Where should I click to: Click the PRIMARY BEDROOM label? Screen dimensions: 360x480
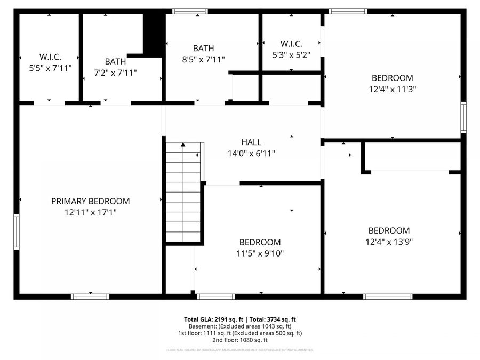pos(90,201)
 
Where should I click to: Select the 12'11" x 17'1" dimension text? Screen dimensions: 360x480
pos(90,212)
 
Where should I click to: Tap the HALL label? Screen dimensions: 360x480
pos(251,142)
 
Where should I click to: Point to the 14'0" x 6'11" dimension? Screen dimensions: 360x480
pos(251,153)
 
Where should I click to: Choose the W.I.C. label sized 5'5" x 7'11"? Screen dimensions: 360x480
pos(50,57)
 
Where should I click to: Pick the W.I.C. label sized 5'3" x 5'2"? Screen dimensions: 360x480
pos(291,43)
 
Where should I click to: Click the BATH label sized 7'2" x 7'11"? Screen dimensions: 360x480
pos(115,61)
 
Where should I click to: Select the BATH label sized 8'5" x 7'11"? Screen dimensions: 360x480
pos(203,48)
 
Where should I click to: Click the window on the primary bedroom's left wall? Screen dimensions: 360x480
pos(17,231)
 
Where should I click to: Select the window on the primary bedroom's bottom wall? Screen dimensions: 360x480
pos(90,297)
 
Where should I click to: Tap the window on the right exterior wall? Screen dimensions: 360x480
pos(463,117)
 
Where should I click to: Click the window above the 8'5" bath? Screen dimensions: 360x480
pos(190,11)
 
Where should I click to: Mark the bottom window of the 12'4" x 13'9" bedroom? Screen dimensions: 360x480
pos(388,297)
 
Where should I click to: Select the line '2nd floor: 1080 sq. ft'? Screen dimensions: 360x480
pos(240,340)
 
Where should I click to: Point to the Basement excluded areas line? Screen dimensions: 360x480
pos(240,326)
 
